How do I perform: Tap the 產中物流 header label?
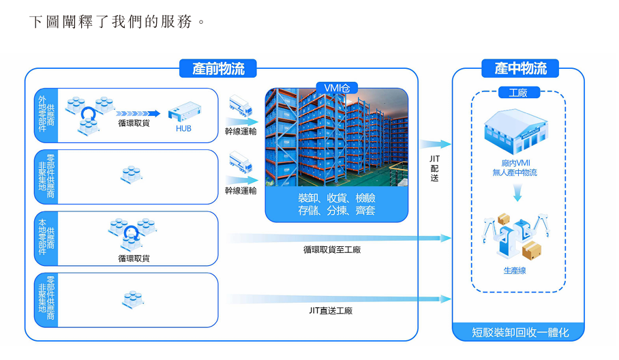point(520,69)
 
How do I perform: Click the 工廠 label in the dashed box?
point(519,93)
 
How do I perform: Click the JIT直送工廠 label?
point(331,311)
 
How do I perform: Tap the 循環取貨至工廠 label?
point(332,250)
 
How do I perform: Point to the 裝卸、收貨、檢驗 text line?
point(336,198)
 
